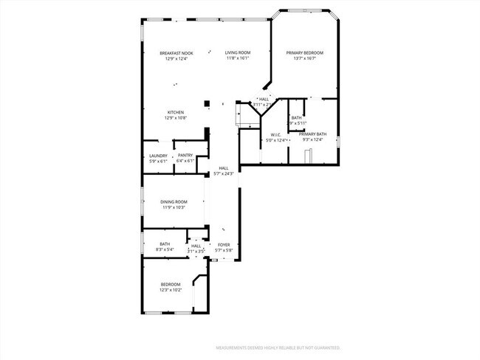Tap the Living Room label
coord(238,53)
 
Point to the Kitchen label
coord(175,112)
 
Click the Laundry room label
coord(158,156)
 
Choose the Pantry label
coord(185,156)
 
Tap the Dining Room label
coord(174,202)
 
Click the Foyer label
coord(223,246)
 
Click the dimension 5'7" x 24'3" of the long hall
coord(224,174)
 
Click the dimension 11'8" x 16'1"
coord(238,58)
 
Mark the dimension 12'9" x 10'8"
coord(175,118)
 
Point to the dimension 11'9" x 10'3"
coord(174,208)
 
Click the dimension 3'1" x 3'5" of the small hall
coord(196,251)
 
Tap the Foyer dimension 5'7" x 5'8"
coord(223,251)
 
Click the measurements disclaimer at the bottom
coord(277,347)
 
